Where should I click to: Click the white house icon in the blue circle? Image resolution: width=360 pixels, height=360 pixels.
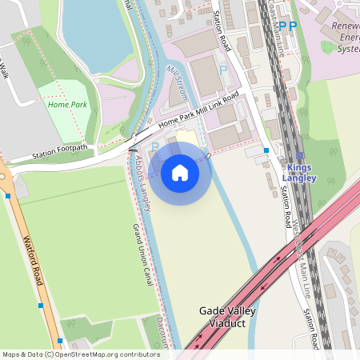coord(180,173)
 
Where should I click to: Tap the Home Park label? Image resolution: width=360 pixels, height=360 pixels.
coord(66,104)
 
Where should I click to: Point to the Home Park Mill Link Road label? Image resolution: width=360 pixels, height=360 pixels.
coord(199,113)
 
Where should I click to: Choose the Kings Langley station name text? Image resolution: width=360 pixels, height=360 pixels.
coord(302,173)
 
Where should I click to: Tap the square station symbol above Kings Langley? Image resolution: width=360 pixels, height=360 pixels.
coord(300,157)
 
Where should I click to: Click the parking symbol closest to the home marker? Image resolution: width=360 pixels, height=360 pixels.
coord(155,146)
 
